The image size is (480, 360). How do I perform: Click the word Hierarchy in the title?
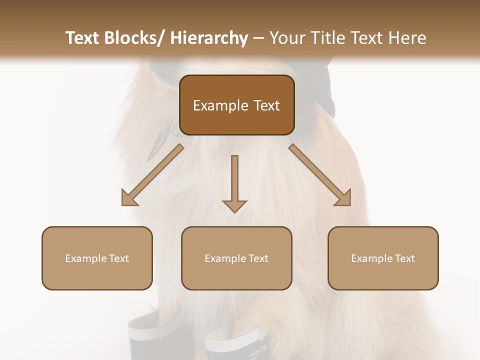point(209,38)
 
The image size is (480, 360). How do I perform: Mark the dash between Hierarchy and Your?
point(258,38)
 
